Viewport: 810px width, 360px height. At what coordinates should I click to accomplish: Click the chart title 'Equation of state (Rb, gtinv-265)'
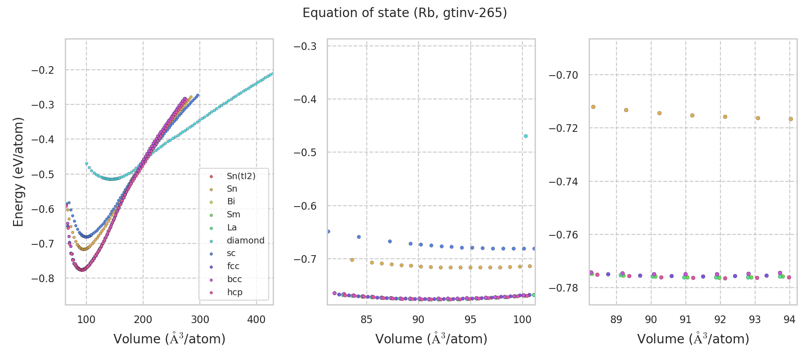(405, 13)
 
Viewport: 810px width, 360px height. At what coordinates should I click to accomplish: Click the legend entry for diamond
(245, 240)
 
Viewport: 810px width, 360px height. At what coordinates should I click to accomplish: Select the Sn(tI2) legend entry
(241, 176)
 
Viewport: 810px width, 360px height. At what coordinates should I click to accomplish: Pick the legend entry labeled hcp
(234, 292)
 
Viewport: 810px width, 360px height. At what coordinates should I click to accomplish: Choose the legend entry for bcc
(234, 279)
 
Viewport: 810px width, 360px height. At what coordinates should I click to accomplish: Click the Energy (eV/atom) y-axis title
(18, 171)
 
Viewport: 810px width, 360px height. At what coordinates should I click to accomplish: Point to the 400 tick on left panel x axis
(256, 319)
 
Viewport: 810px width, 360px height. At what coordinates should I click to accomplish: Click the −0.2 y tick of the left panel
(42, 70)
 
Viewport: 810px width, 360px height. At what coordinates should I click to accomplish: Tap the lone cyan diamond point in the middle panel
(526, 136)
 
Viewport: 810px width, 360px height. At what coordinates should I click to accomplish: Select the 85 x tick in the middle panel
(366, 319)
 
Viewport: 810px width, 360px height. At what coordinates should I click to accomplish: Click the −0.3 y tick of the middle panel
(305, 46)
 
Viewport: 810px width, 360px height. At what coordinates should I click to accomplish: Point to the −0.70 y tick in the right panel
(563, 75)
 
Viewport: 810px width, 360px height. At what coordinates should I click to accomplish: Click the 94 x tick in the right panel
(789, 319)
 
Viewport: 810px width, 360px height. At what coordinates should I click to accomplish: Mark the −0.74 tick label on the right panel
(563, 181)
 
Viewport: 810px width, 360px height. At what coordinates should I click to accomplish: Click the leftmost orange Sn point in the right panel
(593, 107)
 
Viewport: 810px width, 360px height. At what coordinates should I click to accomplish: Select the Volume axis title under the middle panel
(431, 339)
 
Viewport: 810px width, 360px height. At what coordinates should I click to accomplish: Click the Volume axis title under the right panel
(693, 339)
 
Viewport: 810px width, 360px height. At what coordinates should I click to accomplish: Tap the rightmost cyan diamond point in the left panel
(272, 73)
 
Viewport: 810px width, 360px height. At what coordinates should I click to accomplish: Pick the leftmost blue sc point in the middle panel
(328, 231)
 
